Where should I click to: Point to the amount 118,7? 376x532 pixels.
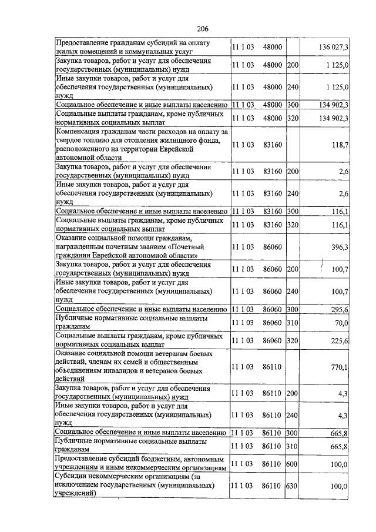(x=340, y=145)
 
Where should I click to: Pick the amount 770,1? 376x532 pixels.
(x=340, y=367)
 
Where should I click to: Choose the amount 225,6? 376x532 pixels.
(x=340, y=340)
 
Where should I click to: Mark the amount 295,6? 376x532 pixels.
(x=340, y=309)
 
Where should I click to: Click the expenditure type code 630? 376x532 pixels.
(x=293, y=487)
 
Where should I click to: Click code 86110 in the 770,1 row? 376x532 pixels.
(x=273, y=367)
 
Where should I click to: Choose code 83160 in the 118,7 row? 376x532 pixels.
(x=273, y=145)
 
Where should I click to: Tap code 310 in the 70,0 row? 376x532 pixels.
(x=293, y=323)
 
